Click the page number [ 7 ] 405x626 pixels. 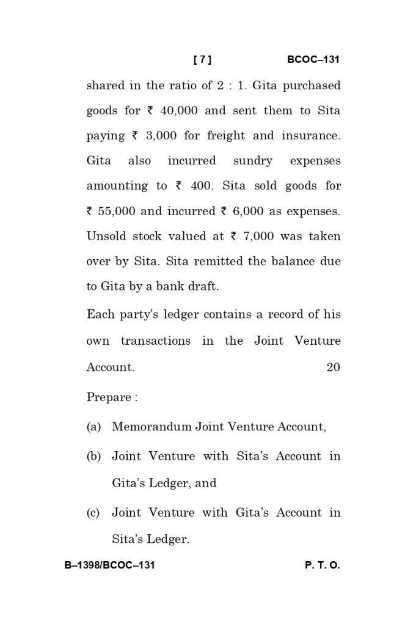click(202, 60)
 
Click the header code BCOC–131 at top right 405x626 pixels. click(313, 60)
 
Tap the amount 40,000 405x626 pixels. click(179, 111)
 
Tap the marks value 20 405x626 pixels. click(333, 367)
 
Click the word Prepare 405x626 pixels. click(109, 397)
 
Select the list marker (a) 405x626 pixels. click(93, 427)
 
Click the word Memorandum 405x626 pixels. click(151, 427)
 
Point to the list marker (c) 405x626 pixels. click(93, 513)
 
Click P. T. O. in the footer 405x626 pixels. click(322, 565)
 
